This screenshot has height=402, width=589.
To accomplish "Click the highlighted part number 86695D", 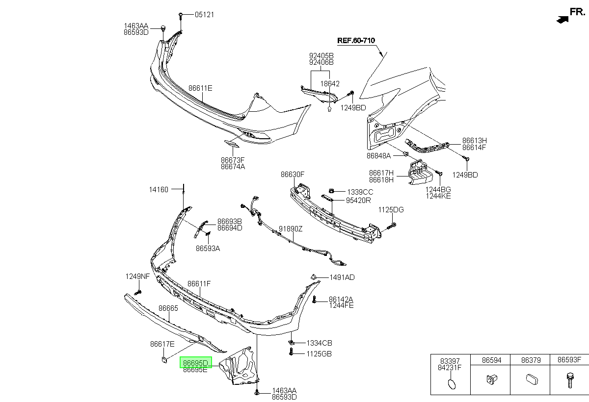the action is pyautogui.click(x=196, y=363).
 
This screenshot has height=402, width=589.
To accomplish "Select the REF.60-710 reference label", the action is pyautogui.click(x=356, y=40).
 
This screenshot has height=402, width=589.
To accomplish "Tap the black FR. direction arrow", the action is pyautogui.click(x=562, y=20).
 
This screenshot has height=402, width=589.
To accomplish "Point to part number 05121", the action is pyautogui.click(x=204, y=15).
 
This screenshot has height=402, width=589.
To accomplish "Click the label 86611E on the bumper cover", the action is pyautogui.click(x=200, y=88).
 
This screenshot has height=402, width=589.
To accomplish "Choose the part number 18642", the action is pyautogui.click(x=330, y=84).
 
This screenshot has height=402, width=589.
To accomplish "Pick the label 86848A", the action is pyautogui.click(x=378, y=156).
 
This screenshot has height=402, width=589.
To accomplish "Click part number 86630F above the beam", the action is pyautogui.click(x=293, y=175).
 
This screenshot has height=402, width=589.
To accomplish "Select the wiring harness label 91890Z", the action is pyautogui.click(x=291, y=229).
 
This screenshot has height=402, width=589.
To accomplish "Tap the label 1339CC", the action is pyautogui.click(x=360, y=192).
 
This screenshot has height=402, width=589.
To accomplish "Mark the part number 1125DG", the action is pyautogui.click(x=391, y=210).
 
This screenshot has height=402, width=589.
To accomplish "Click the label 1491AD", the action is pyautogui.click(x=342, y=277).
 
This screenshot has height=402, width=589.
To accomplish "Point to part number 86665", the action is pyautogui.click(x=168, y=308).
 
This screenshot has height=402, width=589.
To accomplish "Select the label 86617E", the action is pyautogui.click(x=162, y=344).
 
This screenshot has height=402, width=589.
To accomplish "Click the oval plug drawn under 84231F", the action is pyautogui.click(x=452, y=384).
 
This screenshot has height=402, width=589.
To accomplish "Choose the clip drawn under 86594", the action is pyautogui.click(x=492, y=379).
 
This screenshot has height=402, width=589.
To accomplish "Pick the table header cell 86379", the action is pyautogui.click(x=531, y=360).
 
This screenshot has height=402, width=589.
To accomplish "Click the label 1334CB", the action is pyautogui.click(x=319, y=343).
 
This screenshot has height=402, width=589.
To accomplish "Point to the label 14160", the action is pyautogui.click(x=159, y=190).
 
